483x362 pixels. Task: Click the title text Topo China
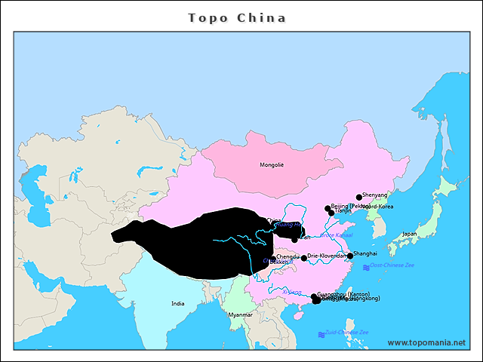237,17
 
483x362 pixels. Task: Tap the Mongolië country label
272,164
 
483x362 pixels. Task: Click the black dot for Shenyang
359,197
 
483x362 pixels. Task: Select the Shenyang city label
375,195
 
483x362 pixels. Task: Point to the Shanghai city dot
349,256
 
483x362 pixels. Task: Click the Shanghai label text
365,254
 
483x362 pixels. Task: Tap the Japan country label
409,234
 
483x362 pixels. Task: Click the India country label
177,304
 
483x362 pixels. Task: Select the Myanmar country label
240,314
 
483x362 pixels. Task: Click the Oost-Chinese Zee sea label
392,265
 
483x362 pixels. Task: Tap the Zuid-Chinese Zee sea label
346,332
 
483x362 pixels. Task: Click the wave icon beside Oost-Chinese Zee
366,267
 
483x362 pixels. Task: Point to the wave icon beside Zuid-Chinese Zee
321,333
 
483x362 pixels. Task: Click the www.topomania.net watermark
426,342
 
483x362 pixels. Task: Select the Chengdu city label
288,256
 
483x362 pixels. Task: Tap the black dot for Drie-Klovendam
304,258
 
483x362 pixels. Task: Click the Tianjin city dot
331,213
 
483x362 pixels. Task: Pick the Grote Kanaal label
337,235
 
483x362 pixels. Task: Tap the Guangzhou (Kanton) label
343,293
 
